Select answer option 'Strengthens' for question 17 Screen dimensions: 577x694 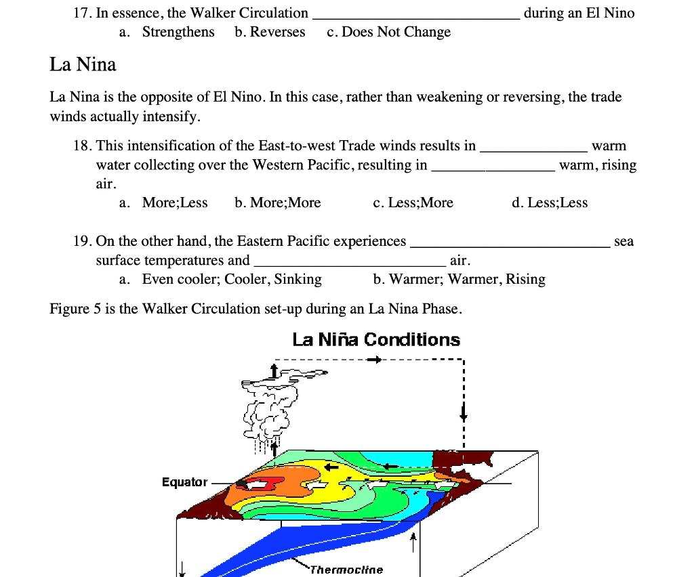click(x=178, y=32)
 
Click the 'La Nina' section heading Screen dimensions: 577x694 click(x=83, y=65)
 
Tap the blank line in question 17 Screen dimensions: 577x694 click(x=415, y=15)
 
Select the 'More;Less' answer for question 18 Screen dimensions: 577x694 click(x=175, y=202)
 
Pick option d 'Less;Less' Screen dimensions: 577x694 click(x=558, y=202)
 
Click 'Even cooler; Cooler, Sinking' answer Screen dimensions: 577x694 click(x=232, y=279)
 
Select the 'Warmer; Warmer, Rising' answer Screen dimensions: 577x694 click(x=467, y=279)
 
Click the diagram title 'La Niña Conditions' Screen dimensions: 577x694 click(x=376, y=339)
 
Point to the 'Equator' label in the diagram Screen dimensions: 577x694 click(x=184, y=482)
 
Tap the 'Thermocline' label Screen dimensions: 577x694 click(x=346, y=570)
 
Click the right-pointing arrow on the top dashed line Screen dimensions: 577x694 click(x=373, y=360)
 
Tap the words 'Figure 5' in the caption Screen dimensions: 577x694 click(x=70, y=309)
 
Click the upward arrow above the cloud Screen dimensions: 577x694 click(x=274, y=370)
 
